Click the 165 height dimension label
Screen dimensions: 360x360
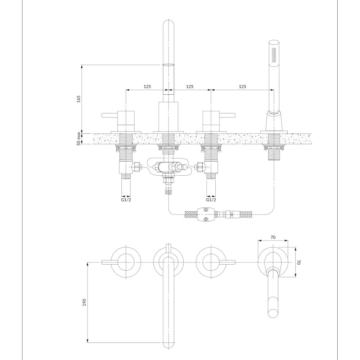coord(79,99)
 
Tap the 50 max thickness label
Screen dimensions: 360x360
coord(79,139)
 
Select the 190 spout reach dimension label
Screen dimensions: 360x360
coord(84,302)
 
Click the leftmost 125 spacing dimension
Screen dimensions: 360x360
coord(147,86)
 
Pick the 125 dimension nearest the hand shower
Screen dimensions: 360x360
coord(242,86)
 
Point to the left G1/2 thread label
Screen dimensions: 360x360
coord(126,200)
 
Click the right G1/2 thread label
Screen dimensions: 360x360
coord(211,200)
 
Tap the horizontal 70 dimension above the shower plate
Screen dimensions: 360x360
coord(273,237)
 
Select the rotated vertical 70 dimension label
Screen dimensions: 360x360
coord(299,262)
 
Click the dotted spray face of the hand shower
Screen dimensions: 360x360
coord(274,55)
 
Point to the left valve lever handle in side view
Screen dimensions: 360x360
coord(109,115)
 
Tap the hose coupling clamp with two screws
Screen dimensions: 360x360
coord(206,215)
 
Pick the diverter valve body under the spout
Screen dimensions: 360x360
coord(168,167)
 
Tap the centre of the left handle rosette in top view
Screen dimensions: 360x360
coord(126,262)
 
